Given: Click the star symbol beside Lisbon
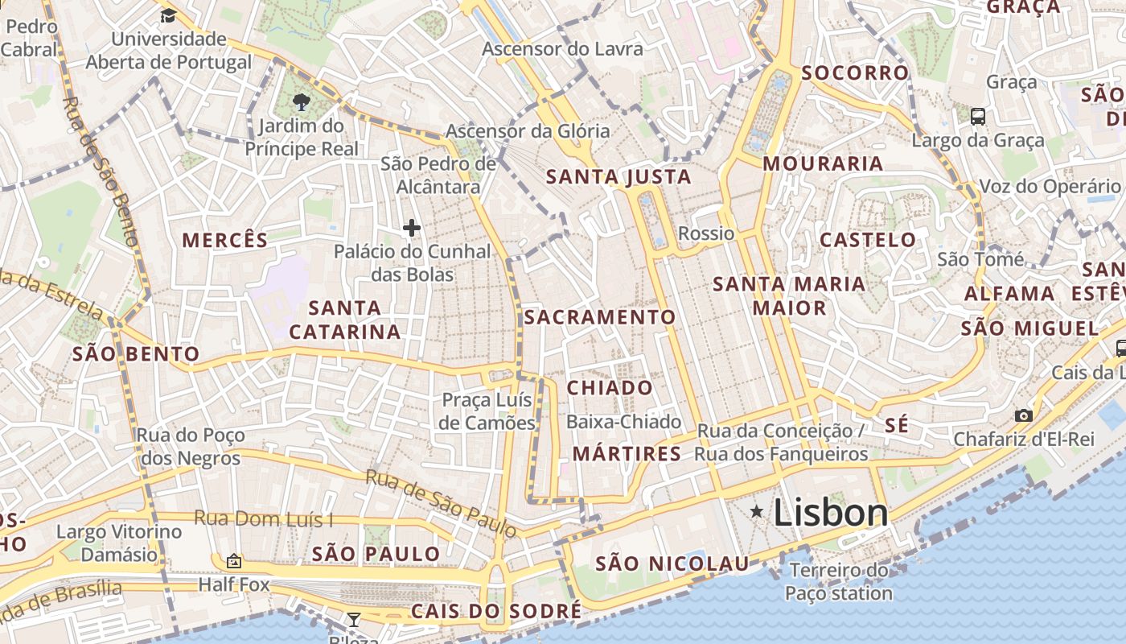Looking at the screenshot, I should click(x=756, y=511).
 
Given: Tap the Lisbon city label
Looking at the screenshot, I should click(x=831, y=513).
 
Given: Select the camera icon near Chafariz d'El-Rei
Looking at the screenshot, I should click(x=1023, y=415).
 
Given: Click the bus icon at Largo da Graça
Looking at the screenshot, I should click(x=978, y=116).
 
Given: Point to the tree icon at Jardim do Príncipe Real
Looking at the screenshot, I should click(x=302, y=101).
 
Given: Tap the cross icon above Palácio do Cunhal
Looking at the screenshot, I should click(x=412, y=228).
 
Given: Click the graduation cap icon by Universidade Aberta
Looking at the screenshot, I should click(x=168, y=15).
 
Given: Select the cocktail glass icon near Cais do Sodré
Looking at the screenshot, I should click(x=353, y=619).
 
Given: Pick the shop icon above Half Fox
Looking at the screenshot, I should click(x=234, y=560).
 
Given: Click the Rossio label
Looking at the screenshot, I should click(x=706, y=233).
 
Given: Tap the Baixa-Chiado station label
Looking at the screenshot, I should click(x=623, y=422).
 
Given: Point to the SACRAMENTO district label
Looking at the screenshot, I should click(x=600, y=317).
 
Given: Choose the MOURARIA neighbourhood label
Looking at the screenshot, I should click(x=823, y=163).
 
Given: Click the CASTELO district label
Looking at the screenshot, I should click(x=868, y=239).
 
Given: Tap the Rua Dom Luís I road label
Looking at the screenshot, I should click(x=263, y=519).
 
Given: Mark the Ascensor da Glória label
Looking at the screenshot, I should click(x=528, y=130).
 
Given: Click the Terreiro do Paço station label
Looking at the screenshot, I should click(x=839, y=582).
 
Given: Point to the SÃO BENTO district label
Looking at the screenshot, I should click(x=136, y=353).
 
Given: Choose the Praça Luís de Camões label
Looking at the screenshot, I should click(x=488, y=411).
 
